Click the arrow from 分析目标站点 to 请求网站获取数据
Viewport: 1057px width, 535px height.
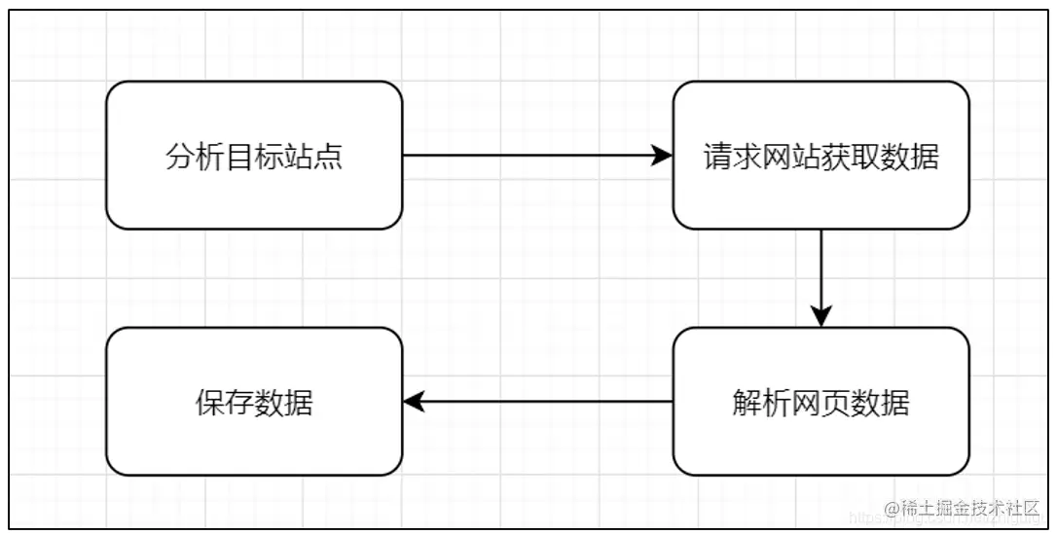coord(535,156)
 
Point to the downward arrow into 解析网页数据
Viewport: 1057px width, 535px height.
coord(821,277)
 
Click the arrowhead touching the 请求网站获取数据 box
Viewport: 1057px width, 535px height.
coord(663,156)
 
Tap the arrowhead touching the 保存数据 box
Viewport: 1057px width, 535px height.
coord(414,401)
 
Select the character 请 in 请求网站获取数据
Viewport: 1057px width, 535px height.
coord(718,157)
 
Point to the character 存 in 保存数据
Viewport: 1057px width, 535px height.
coord(239,402)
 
